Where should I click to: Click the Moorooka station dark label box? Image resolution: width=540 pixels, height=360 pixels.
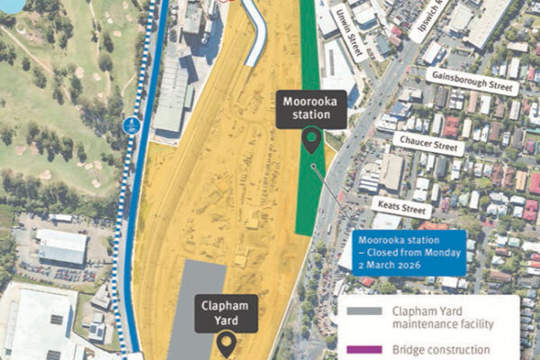click(310, 110)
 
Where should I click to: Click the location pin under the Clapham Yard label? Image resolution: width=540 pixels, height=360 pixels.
click(225, 342)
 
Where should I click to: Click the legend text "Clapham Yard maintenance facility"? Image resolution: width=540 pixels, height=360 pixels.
click(441, 316)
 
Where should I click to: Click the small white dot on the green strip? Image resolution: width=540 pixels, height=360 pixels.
click(312, 166)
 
